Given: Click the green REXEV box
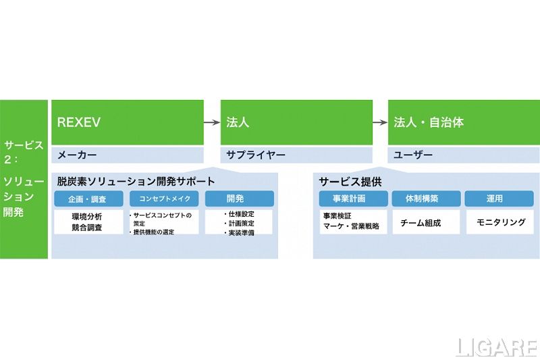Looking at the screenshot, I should point(128,122).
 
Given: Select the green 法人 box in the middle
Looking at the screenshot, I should point(296,122).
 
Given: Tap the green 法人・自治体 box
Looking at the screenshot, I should point(464,122).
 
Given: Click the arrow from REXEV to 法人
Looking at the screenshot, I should point(212,123).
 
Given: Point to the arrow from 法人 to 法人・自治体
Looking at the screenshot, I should point(380,123).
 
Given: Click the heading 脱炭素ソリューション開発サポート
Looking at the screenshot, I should point(136,181).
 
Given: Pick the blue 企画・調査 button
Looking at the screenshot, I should point(89,199).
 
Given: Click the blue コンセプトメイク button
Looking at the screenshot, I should point(165,199).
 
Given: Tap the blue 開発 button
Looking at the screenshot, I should point(239,199).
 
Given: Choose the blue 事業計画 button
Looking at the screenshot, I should point(353,199).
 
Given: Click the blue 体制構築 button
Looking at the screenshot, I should point(426,199).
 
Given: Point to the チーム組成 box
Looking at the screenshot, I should point(426,222).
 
